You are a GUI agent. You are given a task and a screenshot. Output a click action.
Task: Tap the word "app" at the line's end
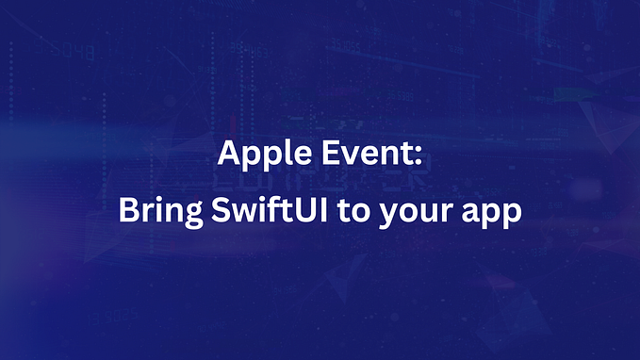(x=492, y=213)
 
